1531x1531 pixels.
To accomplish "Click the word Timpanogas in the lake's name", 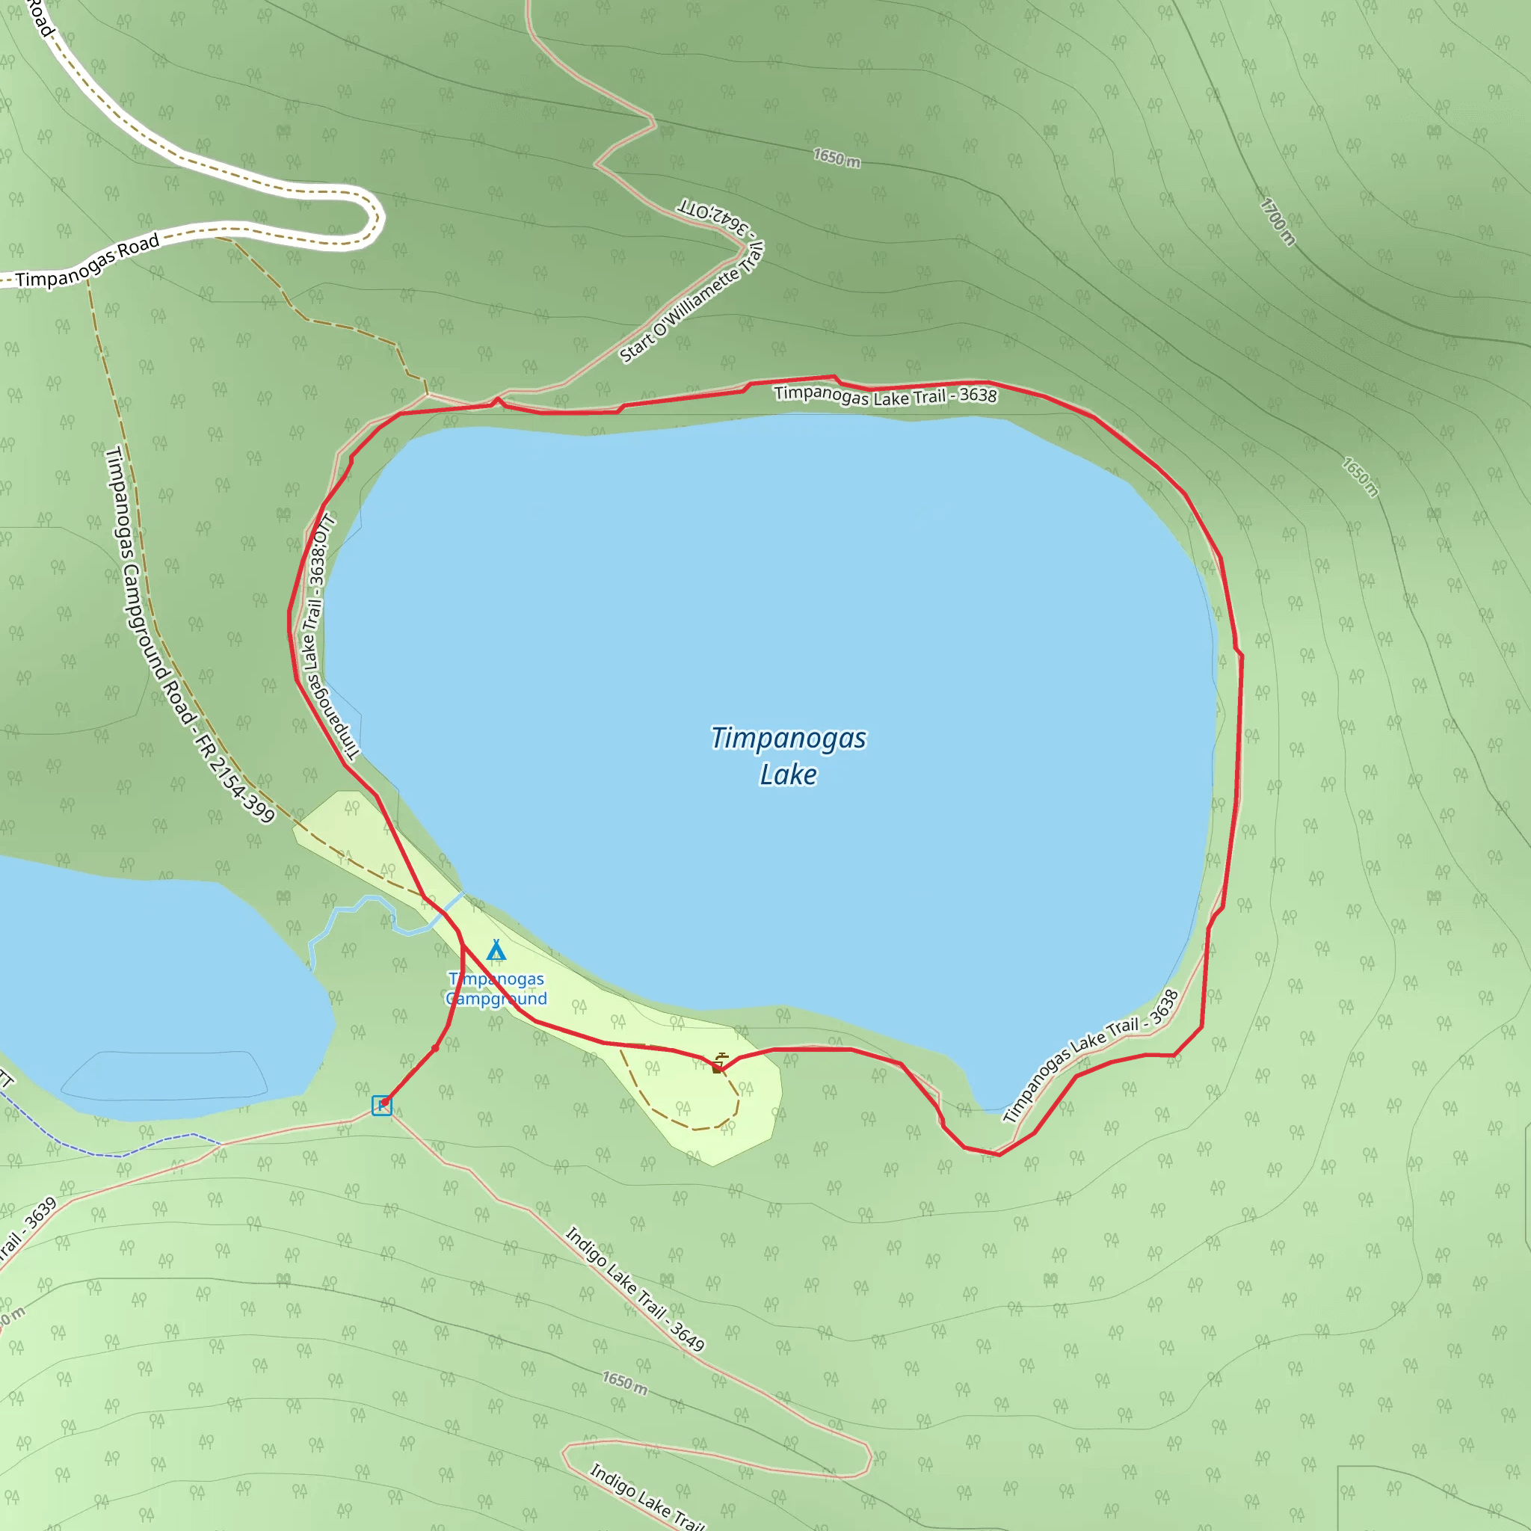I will pos(788,738).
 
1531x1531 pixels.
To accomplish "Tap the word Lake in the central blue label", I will pos(788,774).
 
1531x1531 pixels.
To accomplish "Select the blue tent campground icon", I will pos(496,949).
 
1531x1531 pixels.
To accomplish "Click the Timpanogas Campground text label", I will pos(496,989).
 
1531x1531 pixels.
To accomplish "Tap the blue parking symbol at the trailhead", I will pos(381,1105).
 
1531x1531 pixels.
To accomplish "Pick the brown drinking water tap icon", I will pos(718,1064).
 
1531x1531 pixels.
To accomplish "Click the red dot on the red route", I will pos(435,1048).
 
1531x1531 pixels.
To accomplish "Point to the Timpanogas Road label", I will pos(87,262).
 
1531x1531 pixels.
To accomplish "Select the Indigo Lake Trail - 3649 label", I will pos(634,1289).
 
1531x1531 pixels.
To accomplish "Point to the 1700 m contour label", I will pos(1278,222).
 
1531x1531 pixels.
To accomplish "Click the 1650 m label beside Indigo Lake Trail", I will pos(624,1383).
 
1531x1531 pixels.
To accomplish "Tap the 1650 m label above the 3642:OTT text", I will pos(836,158).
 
